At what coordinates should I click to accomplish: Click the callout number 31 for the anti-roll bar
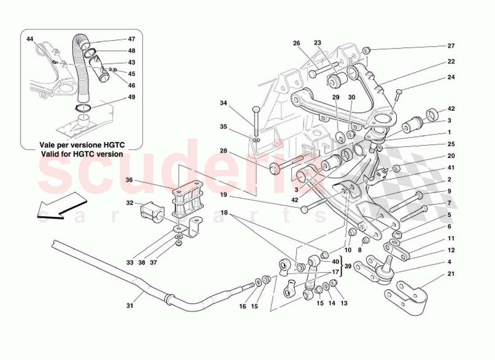pyautogui.click(x=130, y=306)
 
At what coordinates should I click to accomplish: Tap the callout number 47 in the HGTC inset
pyautogui.click(x=131, y=39)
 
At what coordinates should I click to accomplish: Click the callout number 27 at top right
pyautogui.click(x=451, y=46)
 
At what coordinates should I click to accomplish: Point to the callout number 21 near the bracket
pyautogui.click(x=451, y=274)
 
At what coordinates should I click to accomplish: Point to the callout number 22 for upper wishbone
pyautogui.click(x=451, y=62)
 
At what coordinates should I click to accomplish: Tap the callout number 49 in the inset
pyautogui.click(x=131, y=97)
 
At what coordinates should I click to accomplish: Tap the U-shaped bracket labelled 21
pyautogui.click(x=407, y=294)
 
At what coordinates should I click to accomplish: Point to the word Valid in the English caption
pyautogui.click(x=50, y=154)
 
